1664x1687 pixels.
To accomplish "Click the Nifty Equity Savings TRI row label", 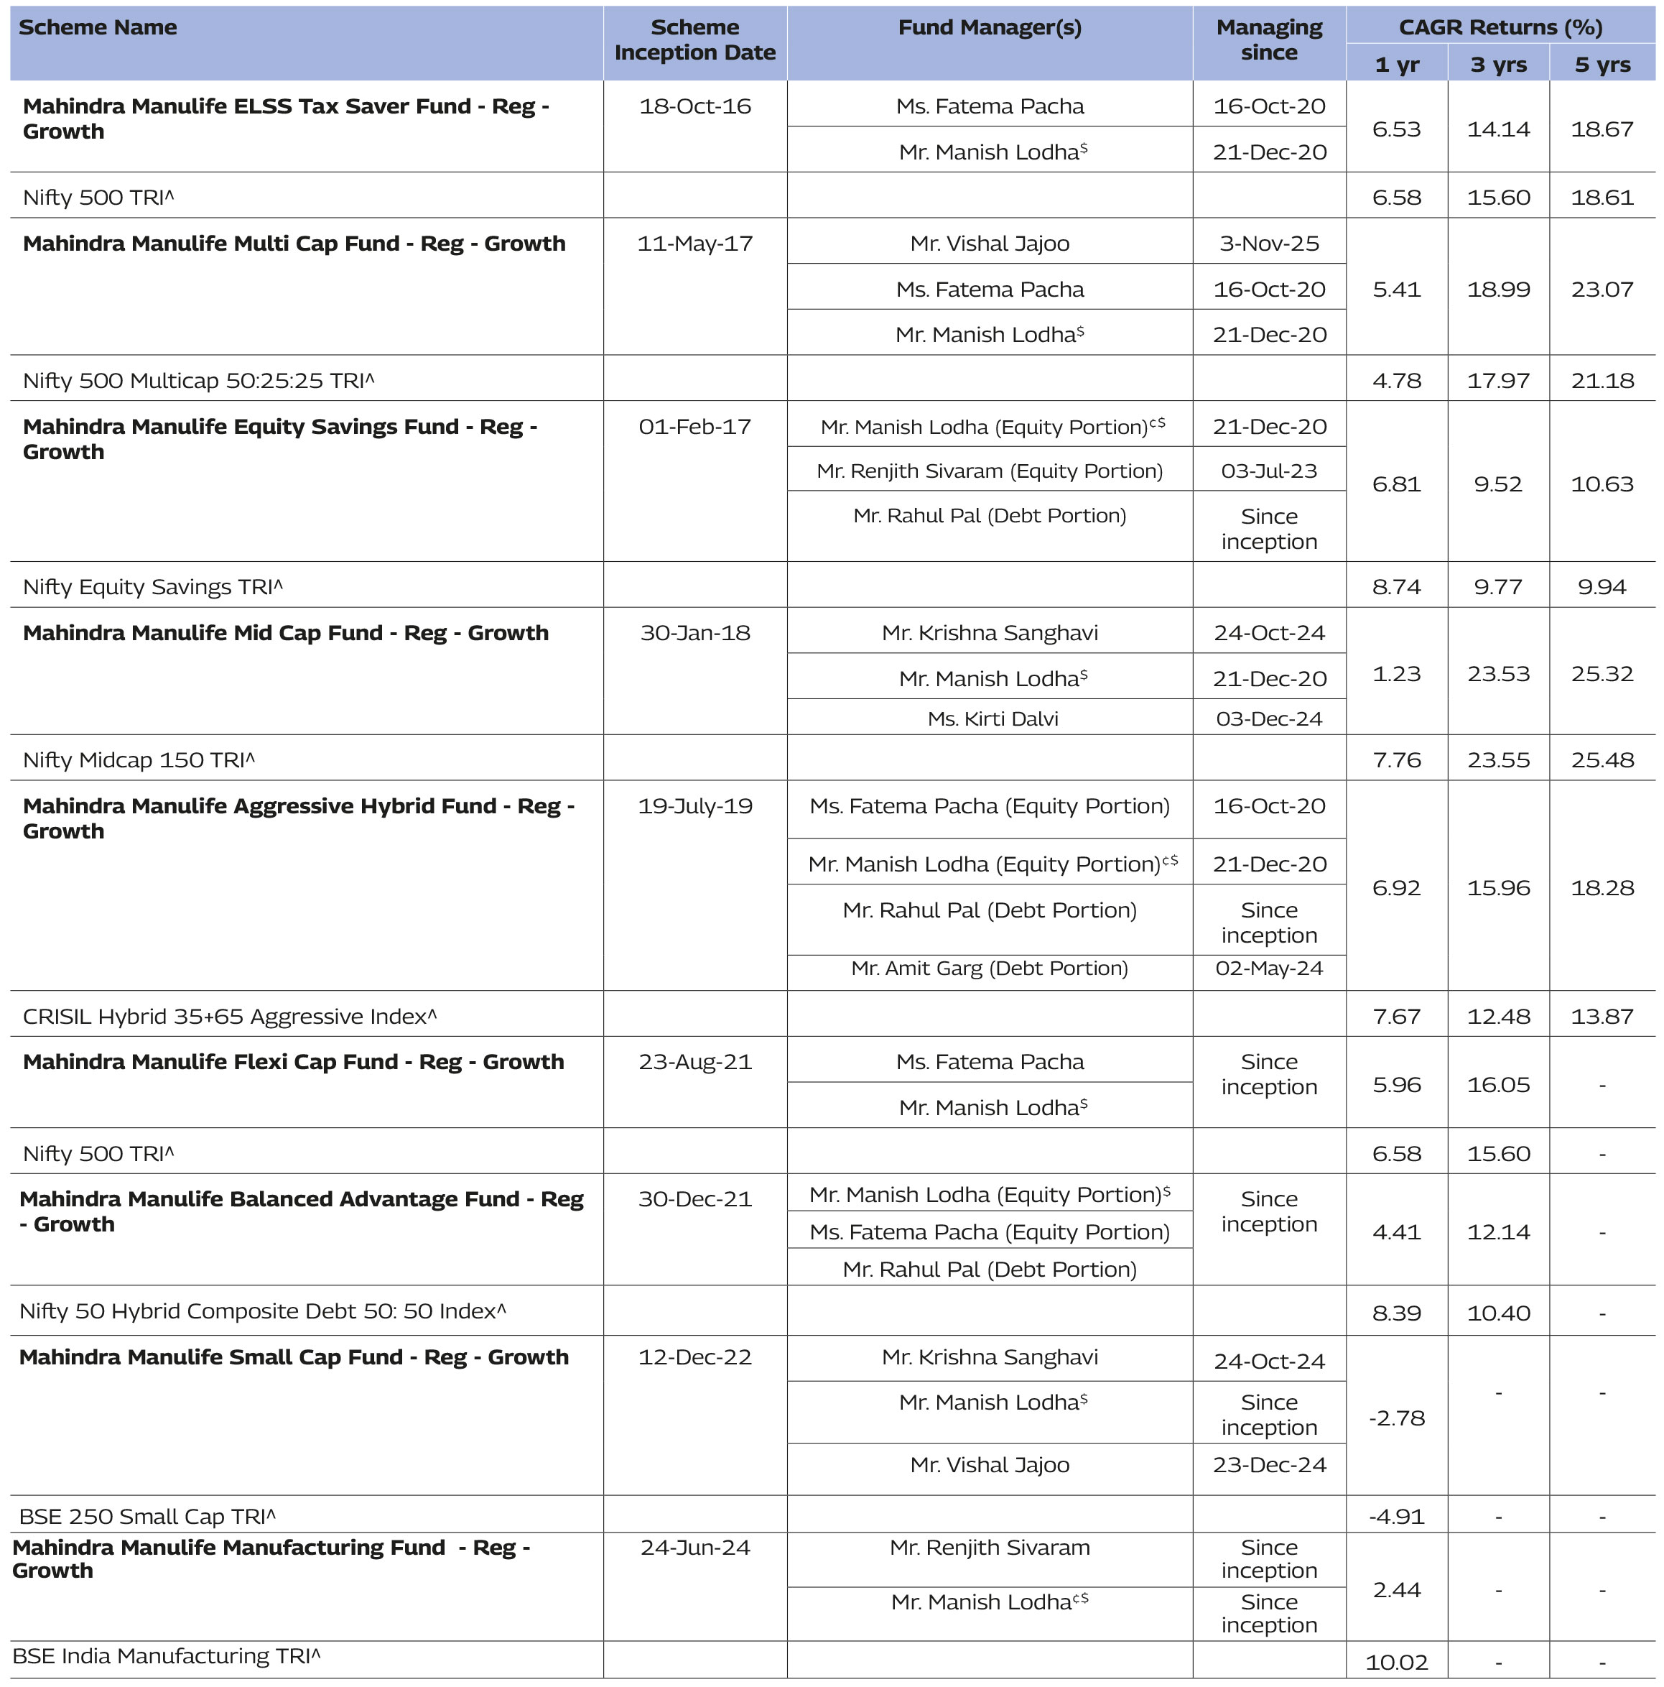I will point(153,587).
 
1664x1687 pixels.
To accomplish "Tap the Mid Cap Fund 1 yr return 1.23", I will point(1396,674).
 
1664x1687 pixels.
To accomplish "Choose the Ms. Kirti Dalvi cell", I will point(992,718).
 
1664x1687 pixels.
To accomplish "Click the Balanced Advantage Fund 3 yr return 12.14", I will point(1498,1232).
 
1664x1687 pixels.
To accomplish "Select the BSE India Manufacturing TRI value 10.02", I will point(1396,1663).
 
